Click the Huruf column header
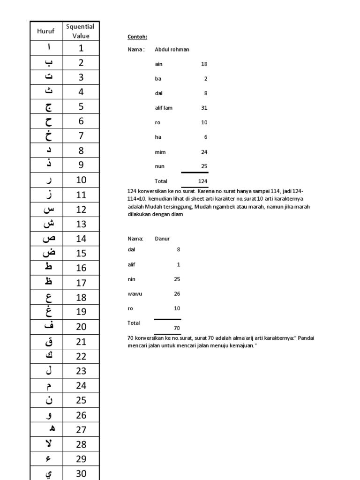(x=46, y=31)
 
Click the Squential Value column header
(x=81, y=31)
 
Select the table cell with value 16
(x=81, y=268)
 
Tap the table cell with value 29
(x=81, y=458)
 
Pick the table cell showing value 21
(x=81, y=342)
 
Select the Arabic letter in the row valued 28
(x=47, y=444)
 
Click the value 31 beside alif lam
(x=204, y=108)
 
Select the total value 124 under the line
(x=202, y=181)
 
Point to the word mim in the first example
(x=160, y=152)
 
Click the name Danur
(x=162, y=239)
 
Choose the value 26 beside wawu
(x=177, y=294)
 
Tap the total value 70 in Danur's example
(x=176, y=328)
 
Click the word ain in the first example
(x=158, y=64)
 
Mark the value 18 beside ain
(x=204, y=64)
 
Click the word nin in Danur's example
(x=131, y=279)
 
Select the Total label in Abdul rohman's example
(x=161, y=181)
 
